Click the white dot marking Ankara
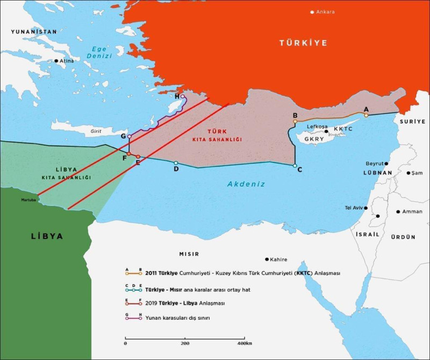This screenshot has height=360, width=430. tap(312, 12)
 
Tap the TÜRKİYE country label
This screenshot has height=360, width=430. tap(303, 43)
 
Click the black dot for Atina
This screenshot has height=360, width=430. tap(56, 61)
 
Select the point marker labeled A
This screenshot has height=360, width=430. tap(366, 115)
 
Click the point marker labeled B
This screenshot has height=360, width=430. tap(295, 122)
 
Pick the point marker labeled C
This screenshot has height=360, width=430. tap(295, 166)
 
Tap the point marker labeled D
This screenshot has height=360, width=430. tap(176, 163)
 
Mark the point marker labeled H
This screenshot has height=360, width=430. tap(183, 97)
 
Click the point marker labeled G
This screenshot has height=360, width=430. tap(129, 137)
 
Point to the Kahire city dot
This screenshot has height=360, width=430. tap(267, 259)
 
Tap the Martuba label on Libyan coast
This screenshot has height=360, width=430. tap(28, 200)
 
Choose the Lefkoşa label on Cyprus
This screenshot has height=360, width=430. tap(317, 127)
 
